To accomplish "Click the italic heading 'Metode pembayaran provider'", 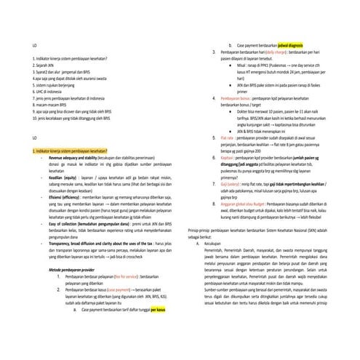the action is coord(73,269).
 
